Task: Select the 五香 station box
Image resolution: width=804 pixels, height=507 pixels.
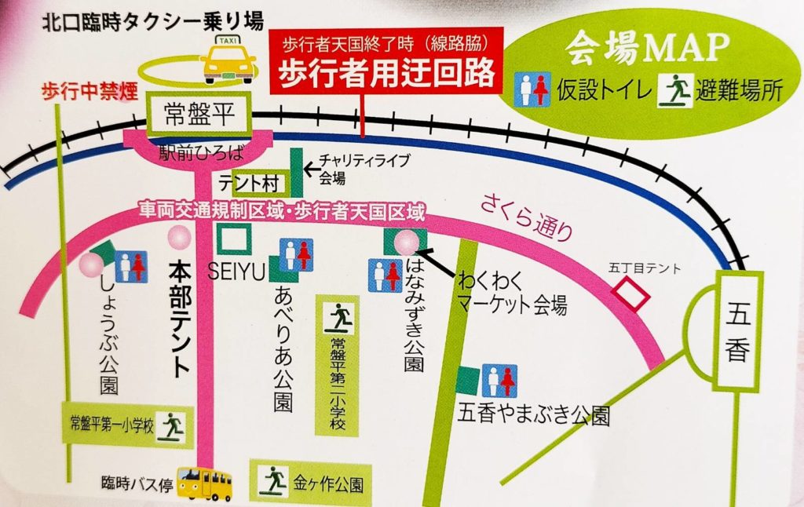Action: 740,330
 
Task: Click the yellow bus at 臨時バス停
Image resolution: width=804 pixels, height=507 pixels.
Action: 205,482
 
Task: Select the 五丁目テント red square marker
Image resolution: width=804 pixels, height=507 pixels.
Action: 630,295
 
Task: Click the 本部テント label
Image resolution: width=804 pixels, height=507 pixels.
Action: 181,318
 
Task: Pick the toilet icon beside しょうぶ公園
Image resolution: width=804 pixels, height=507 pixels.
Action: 131,266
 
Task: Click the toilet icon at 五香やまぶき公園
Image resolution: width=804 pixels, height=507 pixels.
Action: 499,380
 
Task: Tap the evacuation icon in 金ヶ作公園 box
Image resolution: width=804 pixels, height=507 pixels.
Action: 274,476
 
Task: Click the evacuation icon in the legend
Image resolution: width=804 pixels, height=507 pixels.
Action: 678,90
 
